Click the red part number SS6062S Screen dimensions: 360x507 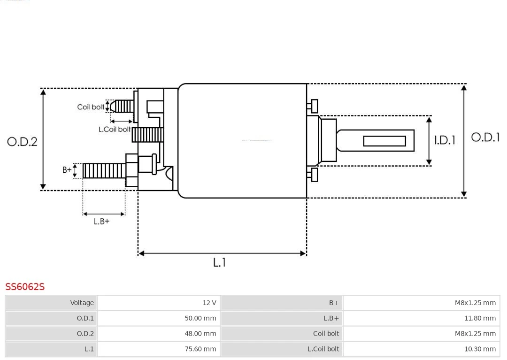25,287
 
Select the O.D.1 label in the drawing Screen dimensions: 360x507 485,138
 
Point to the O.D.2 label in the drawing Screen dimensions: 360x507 22,141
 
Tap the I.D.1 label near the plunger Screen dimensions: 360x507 444,140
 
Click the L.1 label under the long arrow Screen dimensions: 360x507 219,262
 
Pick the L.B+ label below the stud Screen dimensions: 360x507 101,221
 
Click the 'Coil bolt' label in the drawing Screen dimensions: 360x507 91,107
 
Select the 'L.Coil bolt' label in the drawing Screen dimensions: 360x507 114,129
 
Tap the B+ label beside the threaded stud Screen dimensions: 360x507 67,170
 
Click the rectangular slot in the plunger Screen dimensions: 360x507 384,141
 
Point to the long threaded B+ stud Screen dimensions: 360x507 104,171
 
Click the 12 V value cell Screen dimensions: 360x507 159,303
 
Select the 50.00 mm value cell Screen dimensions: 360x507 159,318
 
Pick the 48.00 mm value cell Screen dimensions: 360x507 159,334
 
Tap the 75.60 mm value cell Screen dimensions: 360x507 159,349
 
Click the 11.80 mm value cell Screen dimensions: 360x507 421,318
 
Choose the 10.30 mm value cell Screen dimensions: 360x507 421,349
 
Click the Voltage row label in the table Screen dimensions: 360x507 52,303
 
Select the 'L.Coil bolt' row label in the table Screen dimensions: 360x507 282,349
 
